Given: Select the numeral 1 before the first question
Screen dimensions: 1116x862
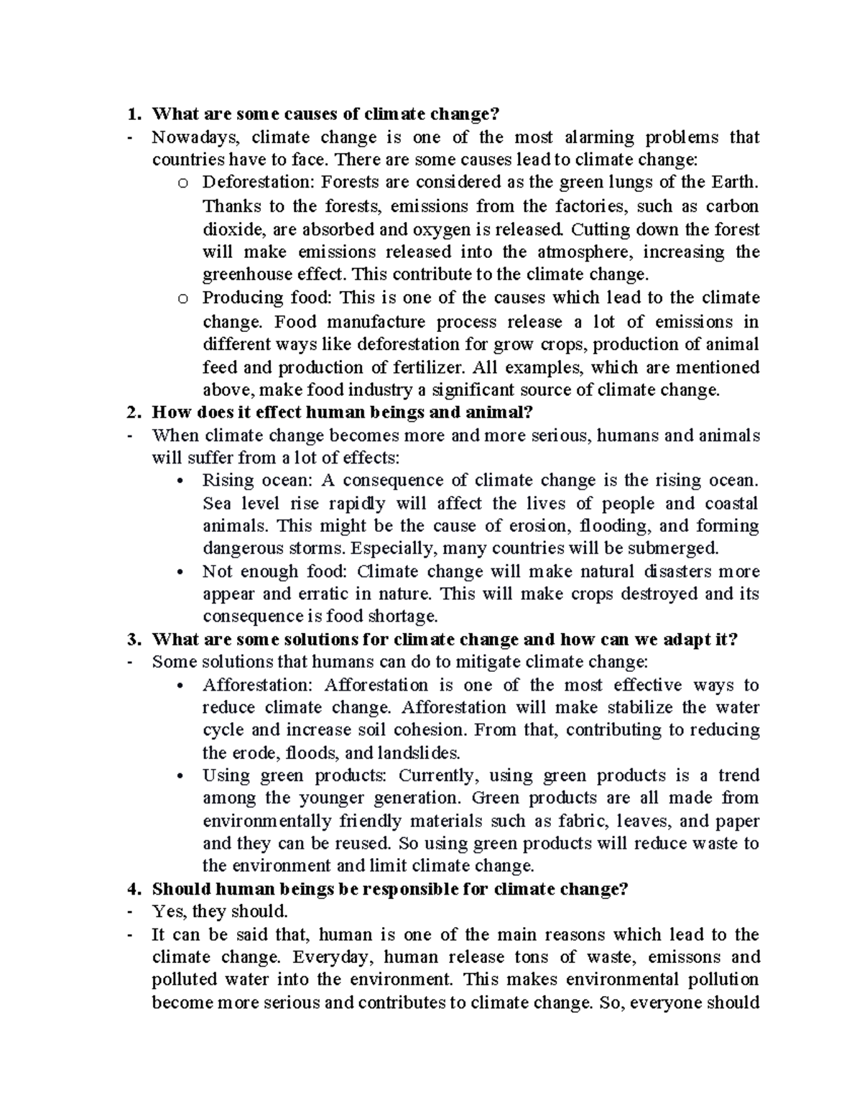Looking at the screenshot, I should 130,114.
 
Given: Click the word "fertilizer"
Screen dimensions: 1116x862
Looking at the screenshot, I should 430,367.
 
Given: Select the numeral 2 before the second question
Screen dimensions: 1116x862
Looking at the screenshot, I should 130,412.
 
